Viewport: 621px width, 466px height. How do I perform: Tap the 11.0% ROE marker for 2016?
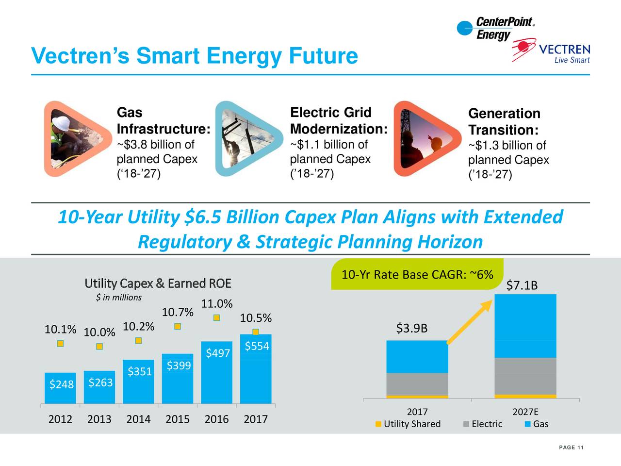[x=217, y=317]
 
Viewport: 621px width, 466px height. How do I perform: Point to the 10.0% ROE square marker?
[x=99, y=347]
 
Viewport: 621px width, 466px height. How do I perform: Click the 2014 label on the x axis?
[x=138, y=419]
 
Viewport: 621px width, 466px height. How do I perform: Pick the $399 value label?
[x=179, y=366]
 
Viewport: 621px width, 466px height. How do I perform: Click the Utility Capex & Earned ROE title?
[x=158, y=283]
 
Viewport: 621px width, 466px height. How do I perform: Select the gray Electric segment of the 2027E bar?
[x=525, y=376]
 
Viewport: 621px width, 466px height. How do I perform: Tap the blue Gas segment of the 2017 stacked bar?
[x=417, y=357]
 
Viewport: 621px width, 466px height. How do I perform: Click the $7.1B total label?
[x=522, y=285]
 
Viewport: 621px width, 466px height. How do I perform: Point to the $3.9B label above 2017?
[x=412, y=329]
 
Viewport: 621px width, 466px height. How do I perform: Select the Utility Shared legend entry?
[x=409, y=424]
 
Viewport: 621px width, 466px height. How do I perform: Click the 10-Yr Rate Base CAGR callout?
[x=417, y=275]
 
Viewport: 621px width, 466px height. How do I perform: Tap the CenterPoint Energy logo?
[x=495, y=29]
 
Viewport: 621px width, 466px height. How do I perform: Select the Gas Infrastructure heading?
[x=163, y=121]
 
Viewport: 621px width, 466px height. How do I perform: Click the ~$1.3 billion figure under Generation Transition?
[x=507, y=146]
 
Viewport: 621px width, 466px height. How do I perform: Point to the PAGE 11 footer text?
[x=571, y=448]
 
